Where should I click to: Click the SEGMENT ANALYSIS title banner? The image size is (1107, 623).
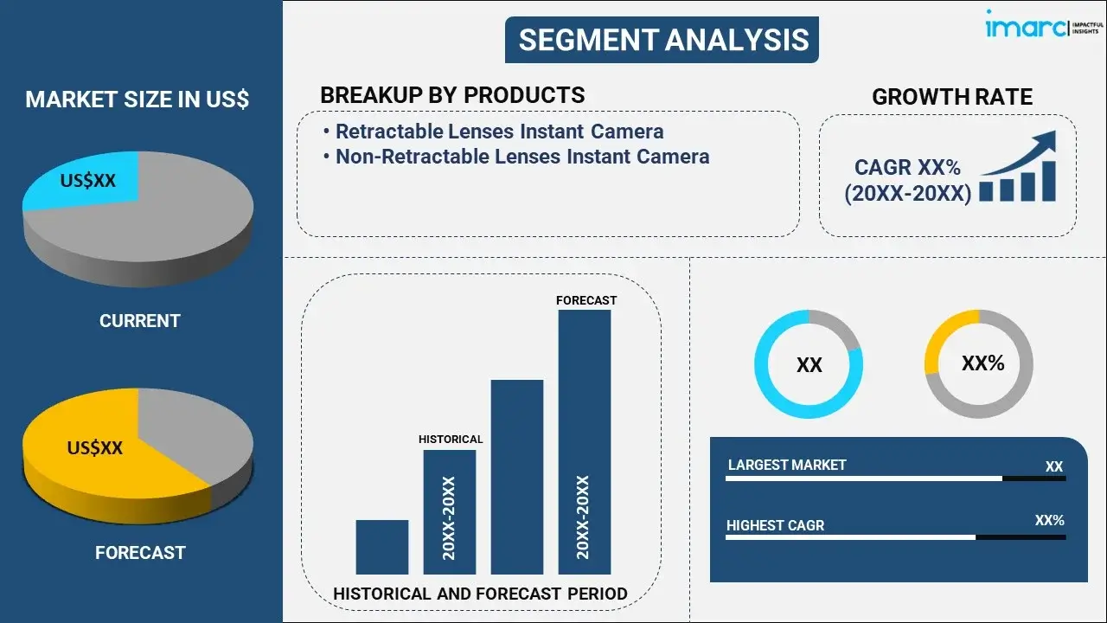coord(662,40)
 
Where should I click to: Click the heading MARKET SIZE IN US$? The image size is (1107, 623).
coord(137,100)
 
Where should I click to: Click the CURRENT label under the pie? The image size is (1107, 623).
coord(139,321)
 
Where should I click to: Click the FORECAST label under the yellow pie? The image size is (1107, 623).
coord(140,552)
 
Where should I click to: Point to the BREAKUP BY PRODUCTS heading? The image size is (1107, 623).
coord(452,95)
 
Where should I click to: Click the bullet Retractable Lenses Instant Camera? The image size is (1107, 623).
coord(499,132)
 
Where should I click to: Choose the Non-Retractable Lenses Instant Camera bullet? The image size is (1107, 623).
coord(522,157)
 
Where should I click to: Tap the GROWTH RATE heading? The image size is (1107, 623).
coord(951,97)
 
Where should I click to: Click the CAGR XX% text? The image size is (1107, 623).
coord(907,168)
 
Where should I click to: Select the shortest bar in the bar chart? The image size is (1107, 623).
coord(381,547)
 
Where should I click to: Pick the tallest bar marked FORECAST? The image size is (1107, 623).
coord(584,441)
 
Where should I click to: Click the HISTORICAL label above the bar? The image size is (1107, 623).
coord(451,440)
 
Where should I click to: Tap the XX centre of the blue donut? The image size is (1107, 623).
coord(809,365)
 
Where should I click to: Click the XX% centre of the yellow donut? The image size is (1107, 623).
coord(982,363)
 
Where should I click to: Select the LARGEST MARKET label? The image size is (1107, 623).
coord(787,465)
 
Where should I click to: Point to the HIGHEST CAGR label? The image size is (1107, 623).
coord(775,525)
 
